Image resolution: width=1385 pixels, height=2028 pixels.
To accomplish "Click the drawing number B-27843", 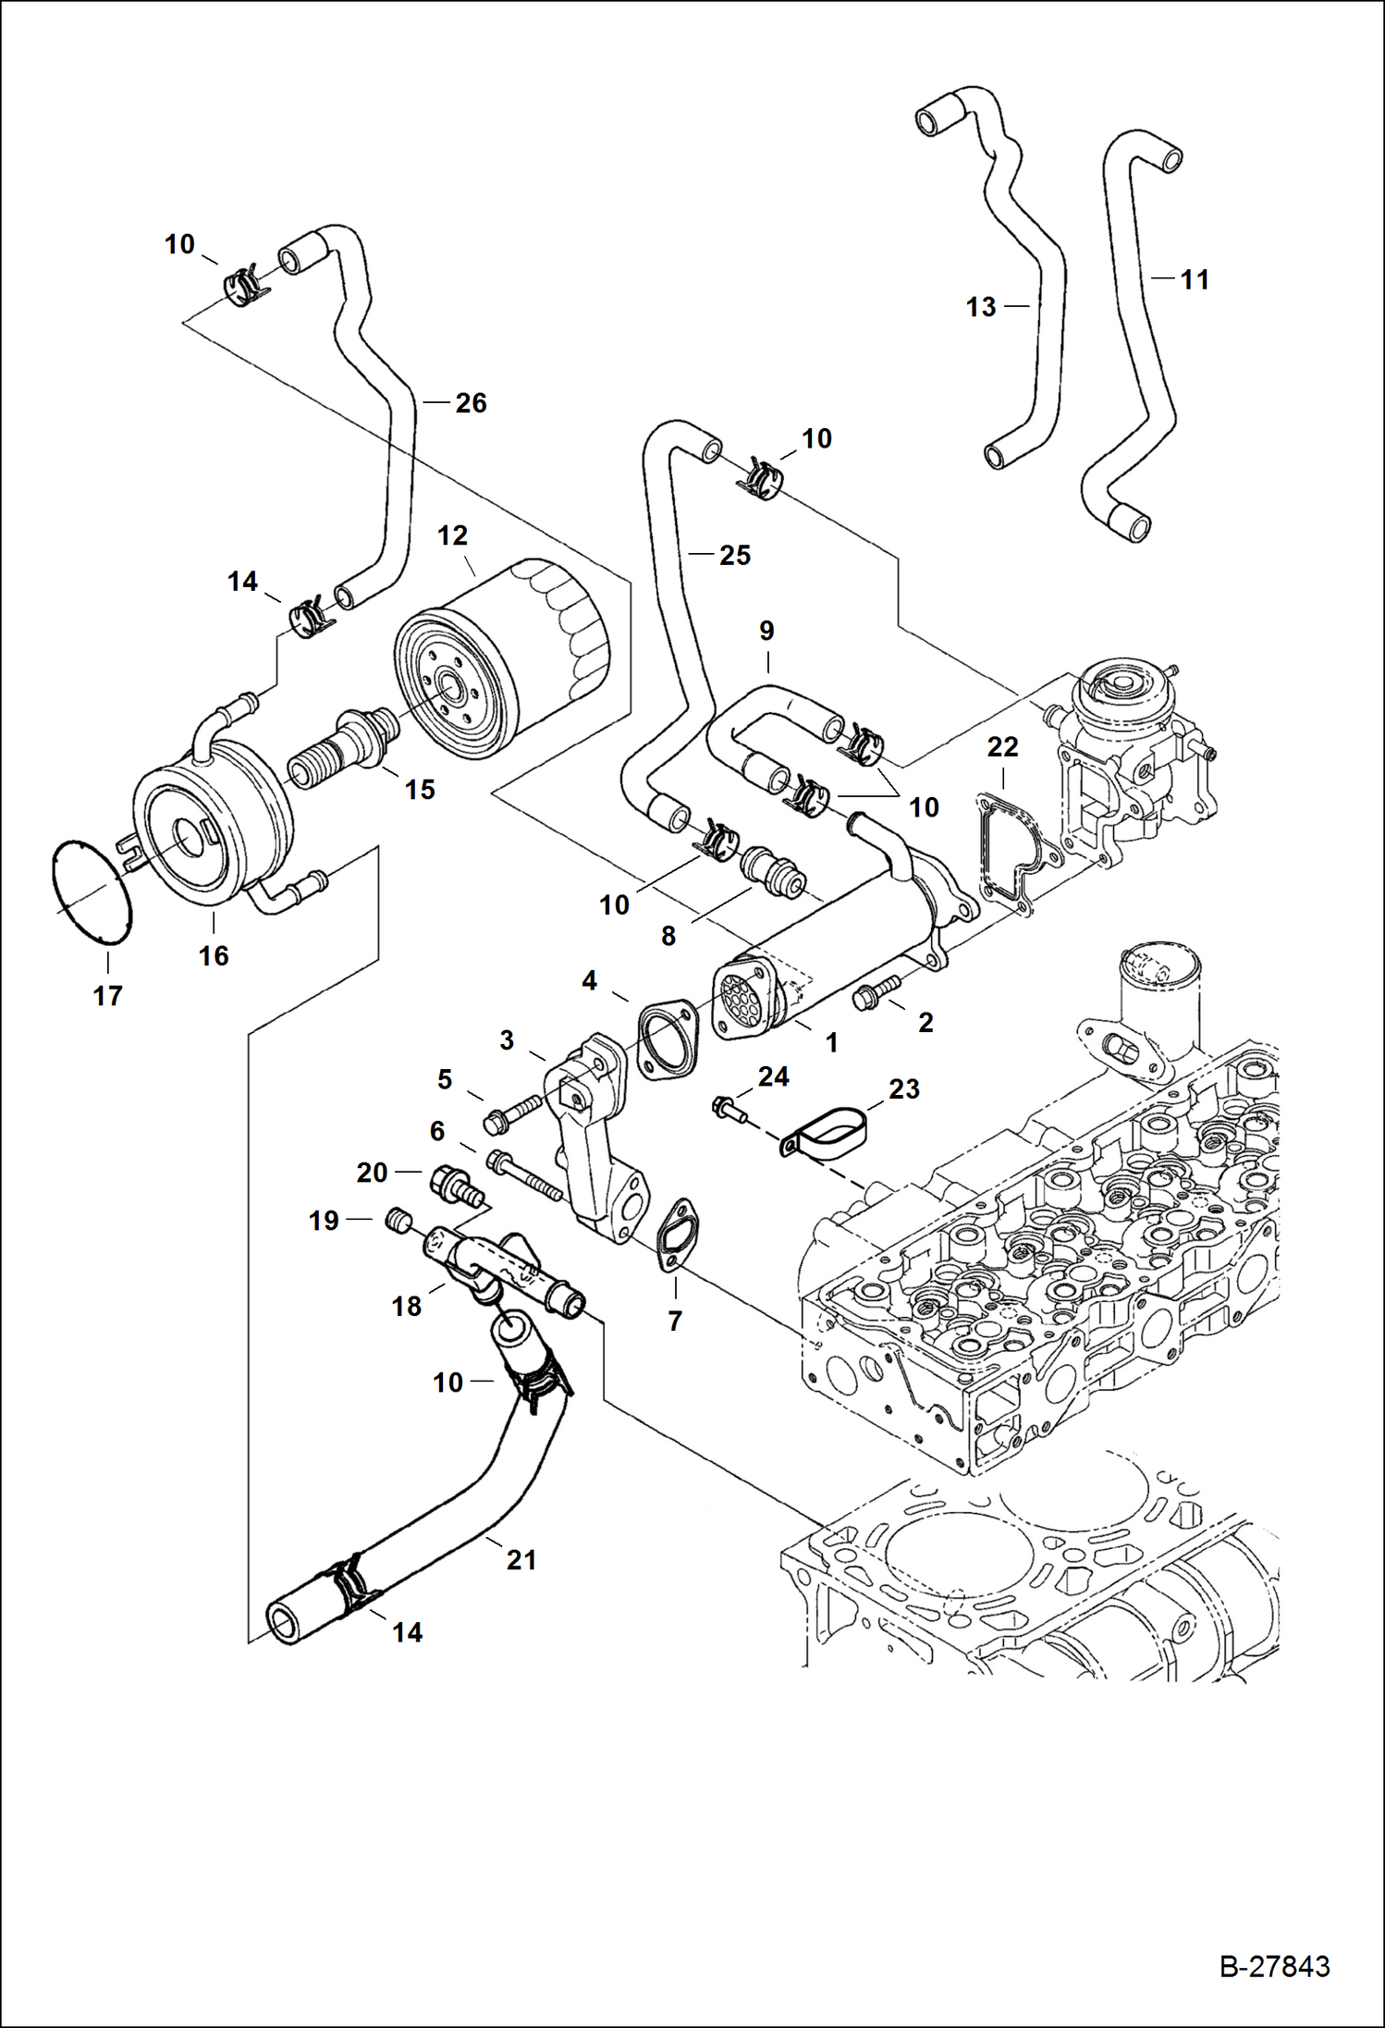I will pyautogui.click(x=1274, y=1966).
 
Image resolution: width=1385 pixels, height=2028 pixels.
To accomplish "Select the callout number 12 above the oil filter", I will pyautogui.click(x=452, y=535).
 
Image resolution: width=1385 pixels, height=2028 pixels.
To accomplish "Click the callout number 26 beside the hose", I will pyautogui.click(x=471, y=402).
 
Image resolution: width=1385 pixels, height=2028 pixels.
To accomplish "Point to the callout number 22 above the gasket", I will pyautogui.click(x=1002, y=746).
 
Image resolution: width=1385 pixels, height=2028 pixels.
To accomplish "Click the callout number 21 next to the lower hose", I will pyautogui.click(x=521, y=1560).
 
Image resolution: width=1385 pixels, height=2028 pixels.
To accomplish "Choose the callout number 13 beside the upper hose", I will pyautogui.click(x=980, y=307).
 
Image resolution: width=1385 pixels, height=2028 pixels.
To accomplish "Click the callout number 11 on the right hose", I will pyautogui.click(x=1195, y=279).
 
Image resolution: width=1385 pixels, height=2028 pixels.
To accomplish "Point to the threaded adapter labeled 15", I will pyautogui.click(x=342, y=746).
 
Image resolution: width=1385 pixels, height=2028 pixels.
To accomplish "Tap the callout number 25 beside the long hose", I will pyautogui.click(x=734, y=555).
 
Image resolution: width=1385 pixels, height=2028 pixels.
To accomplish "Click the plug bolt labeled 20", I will pyautogui.click(x=453, y=1186).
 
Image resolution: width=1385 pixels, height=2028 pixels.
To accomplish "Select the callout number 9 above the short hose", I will pyautogui.click(x=766, y=631).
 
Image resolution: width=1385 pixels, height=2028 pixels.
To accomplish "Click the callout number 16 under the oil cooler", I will pyautogui.click(x=214, y=955).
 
